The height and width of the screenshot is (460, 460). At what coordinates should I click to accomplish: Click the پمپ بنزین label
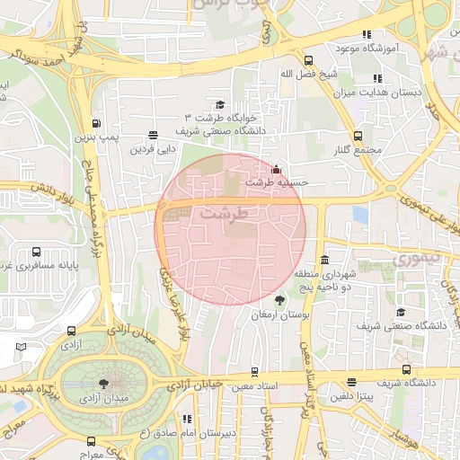[96, 139]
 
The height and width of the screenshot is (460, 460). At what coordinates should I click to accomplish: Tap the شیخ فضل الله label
[296, 75]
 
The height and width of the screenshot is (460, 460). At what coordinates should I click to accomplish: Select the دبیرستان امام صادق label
[186, 433]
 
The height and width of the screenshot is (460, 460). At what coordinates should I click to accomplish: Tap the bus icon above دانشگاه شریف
[407, 369]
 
